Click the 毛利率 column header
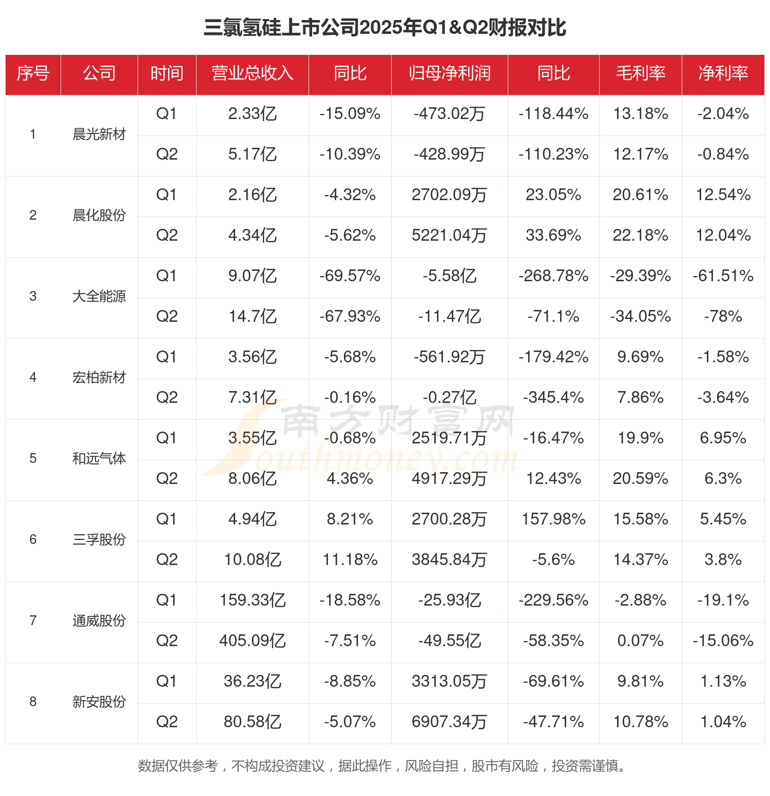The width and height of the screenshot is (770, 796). (x=641, y=74)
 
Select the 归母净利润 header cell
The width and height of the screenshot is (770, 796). (x=450, y=74)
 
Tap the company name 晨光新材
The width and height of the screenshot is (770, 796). (x=99, y=134)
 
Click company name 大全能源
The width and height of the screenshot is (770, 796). (x=99, y=297)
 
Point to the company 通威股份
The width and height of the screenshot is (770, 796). (x=99, y=621)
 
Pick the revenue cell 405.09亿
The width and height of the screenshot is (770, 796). (x=253, y=641)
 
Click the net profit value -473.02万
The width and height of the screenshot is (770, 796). (x=450, y=114)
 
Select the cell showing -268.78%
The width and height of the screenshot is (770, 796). (x=553, y=276)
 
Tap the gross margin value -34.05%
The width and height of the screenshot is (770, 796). (x=641, y=317)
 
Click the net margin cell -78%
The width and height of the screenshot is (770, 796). (x=723, y=317)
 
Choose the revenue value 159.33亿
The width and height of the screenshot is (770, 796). (x=253, y=600)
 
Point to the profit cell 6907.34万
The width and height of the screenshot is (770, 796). (x=450, y=722)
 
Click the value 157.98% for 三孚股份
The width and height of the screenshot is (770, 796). (x=553, y=519)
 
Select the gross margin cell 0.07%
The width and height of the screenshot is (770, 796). (x=641, y=641)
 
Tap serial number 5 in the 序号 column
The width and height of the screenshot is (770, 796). (x=33, y=459)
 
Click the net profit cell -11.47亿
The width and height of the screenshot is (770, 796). (x=450, y=317)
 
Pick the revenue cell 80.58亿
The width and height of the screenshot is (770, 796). (x=253, y=722)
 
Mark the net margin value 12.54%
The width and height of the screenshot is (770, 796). (x=723, y=195)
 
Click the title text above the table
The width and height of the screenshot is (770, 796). (x=385, y=28)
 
